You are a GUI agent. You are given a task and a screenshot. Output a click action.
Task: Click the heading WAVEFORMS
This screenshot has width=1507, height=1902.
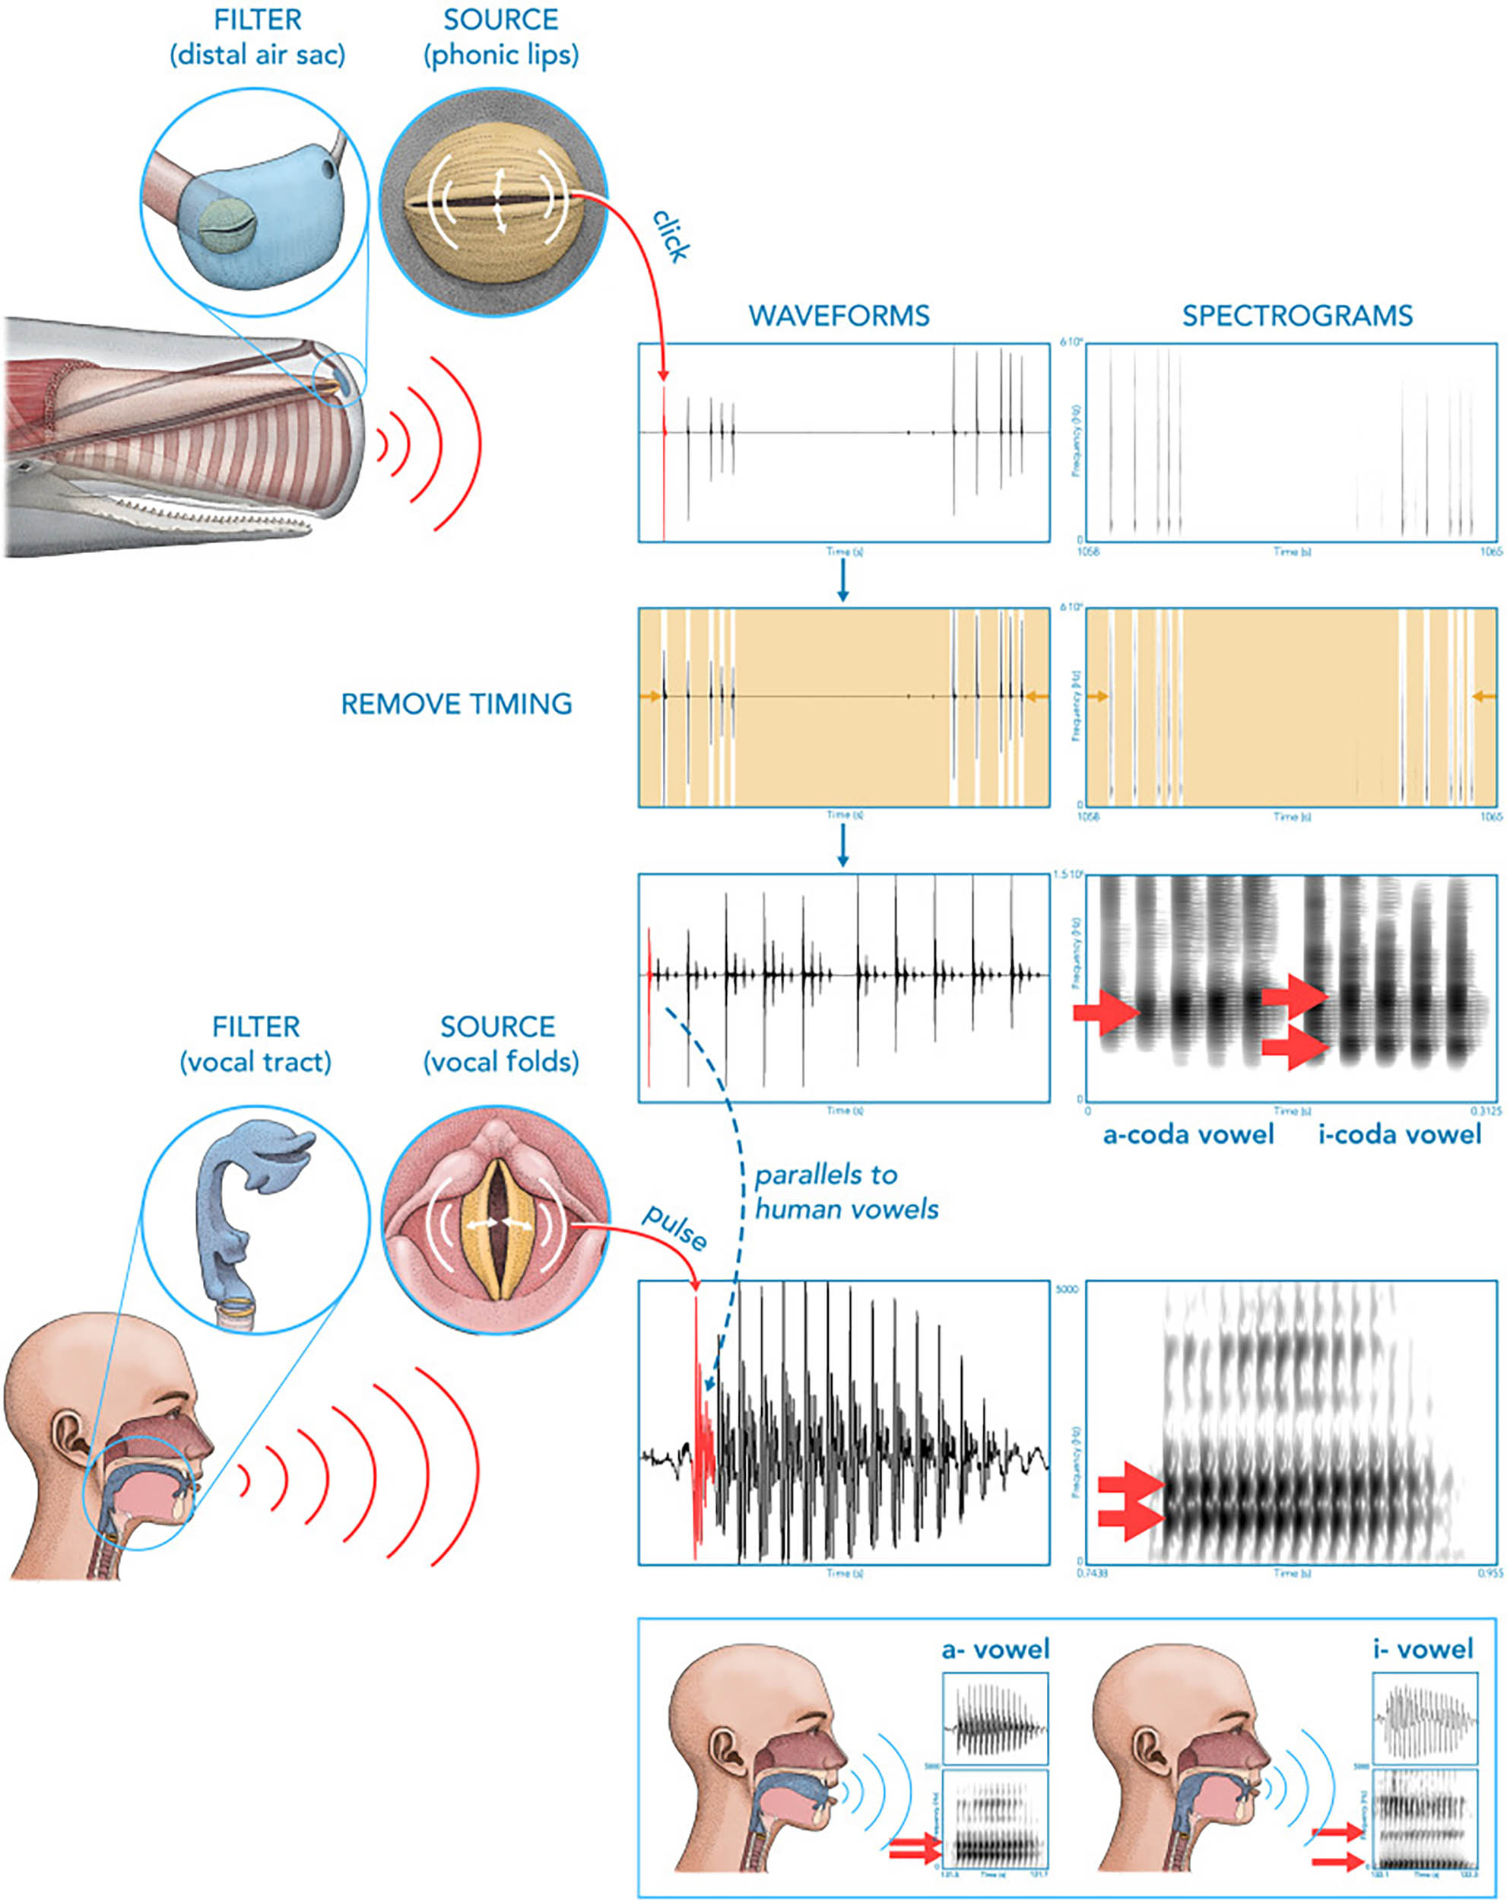pos(838,315)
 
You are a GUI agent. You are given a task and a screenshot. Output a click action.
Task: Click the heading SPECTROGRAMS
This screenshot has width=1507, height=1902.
pos(1296,315)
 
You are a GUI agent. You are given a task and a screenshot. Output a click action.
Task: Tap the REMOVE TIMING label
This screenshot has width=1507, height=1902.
pos(456,703)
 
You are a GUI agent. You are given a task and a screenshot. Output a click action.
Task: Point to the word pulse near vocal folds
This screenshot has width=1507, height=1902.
pos(674,1226)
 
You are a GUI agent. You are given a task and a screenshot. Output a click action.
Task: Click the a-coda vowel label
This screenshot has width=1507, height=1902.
pos(1188,1134)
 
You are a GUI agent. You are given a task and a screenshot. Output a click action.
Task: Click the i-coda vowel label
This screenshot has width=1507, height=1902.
pos(1400,1134)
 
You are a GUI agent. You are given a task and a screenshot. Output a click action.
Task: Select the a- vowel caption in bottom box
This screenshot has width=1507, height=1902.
pos(995,1649)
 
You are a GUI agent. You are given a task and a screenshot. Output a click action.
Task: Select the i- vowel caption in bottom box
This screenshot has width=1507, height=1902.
pos(1423,1649)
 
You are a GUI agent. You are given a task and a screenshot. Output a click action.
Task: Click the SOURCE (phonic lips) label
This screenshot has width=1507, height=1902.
pos(500,37)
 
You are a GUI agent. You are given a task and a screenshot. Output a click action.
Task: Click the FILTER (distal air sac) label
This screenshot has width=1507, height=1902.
pos(256,37)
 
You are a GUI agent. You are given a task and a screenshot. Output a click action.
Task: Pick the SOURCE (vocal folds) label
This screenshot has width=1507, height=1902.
pos(500,1044)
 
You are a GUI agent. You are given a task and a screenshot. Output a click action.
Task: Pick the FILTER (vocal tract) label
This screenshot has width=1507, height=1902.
pos(255,1044)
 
